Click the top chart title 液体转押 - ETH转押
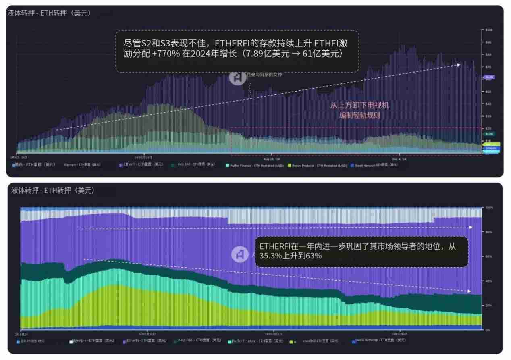(48, 13)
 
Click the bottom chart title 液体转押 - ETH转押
(52, 190)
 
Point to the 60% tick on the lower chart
(489, 256)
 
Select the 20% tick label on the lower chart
(489, 306)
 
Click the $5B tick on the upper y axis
(488, 92)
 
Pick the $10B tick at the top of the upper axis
(489, 30)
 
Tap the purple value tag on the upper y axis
(489, 77)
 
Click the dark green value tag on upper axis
(489, 134)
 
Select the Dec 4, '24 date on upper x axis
(398, 159)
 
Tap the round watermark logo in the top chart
(237, 77)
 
